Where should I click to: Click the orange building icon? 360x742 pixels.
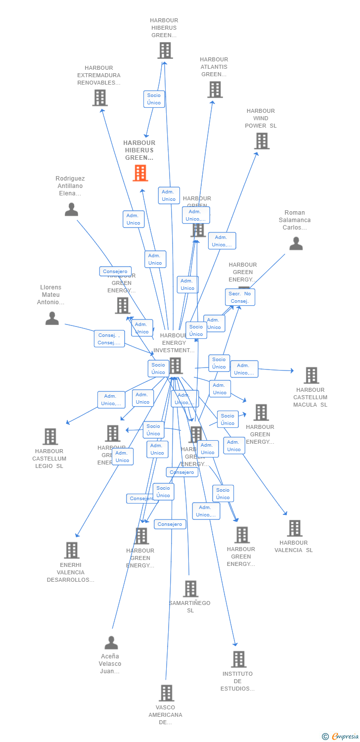tap(140, 173)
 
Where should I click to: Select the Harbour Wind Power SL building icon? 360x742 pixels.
tap(262, 141)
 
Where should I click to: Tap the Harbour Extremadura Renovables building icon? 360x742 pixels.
tap(100, 97)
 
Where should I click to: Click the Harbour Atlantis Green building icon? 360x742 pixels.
tap(215, 90)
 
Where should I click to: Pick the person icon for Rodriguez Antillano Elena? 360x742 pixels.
tap(72, 210)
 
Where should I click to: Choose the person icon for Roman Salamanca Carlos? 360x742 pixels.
tap(296, 243)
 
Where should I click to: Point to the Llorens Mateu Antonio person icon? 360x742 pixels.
tap(52, 318)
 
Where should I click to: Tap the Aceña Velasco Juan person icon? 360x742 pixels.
tap(111, 643)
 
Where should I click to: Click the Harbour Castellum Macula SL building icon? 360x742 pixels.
tap(311, 375)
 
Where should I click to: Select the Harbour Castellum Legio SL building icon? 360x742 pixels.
tap(50, 436)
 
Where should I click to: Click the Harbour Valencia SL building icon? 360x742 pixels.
tap(295, 528)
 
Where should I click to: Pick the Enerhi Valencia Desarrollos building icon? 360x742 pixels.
tap(72, 550)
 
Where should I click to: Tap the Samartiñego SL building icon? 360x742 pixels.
tap(190, 589)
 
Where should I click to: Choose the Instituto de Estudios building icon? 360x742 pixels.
tap(238, 659)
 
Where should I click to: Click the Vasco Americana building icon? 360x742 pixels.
tap(167, 693)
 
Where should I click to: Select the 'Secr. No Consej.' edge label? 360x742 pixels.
tap(240, 297)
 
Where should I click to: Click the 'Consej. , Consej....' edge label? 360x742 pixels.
tap(109, 339)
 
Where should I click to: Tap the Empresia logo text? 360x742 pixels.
tap(345, 737)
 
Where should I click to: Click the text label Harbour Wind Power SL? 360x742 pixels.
tap(261, 118)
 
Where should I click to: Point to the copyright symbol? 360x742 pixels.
tap(325, 737)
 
